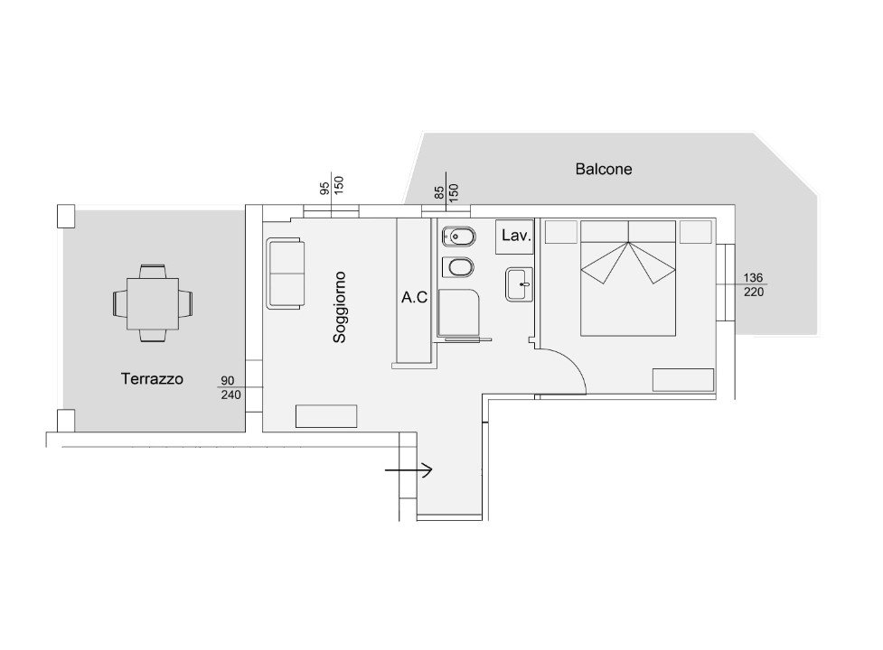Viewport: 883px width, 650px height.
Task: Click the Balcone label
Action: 603,169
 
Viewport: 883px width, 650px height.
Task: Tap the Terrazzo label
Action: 152,378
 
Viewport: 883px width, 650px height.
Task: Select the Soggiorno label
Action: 339,307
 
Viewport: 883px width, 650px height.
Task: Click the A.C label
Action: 414,297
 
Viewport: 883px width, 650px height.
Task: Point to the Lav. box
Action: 515,237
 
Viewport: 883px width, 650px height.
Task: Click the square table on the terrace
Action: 153,303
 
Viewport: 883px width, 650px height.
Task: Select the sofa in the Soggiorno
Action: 286,274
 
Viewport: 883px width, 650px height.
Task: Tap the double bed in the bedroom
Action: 628,278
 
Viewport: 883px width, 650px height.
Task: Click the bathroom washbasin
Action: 519,284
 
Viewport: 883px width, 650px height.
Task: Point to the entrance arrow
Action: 409,469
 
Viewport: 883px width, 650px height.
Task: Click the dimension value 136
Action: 753,278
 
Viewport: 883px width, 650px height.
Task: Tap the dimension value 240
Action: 230,395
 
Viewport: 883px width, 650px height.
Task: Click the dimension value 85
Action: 440,193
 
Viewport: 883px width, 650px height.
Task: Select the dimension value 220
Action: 754,292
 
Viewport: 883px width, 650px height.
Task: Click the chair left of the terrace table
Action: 120,303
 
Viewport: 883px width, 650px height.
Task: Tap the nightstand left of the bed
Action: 561,232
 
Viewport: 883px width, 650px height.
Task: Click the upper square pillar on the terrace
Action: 66,216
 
